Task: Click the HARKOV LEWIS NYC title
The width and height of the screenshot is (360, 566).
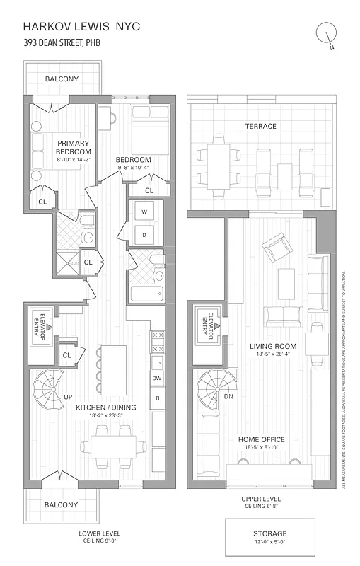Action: [82, 26]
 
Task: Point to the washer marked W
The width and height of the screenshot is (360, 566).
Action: [144, 212]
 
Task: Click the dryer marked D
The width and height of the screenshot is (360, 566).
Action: [144, 234]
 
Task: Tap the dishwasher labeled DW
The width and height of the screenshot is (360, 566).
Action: [158, 379]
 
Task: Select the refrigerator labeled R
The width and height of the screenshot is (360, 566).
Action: [158, 399]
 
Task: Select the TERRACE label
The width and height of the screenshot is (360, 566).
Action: [261, 126]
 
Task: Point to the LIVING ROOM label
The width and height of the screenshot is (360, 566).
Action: [272, 346]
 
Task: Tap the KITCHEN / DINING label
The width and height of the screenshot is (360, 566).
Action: [106, 408]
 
